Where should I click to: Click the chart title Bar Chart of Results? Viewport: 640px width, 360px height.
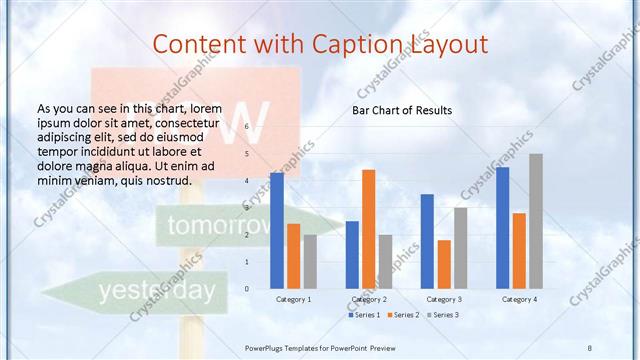401,110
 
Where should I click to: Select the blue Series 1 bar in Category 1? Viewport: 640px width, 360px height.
276,230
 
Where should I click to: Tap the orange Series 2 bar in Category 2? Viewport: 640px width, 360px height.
369,229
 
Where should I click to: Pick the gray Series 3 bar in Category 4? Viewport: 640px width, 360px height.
536,221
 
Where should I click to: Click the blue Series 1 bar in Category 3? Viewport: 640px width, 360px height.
427,241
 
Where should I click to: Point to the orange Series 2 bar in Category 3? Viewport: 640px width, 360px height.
444,264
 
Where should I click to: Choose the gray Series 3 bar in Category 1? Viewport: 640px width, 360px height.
310,261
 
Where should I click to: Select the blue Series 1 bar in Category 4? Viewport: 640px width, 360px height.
502,227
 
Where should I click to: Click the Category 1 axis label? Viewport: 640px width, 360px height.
293,299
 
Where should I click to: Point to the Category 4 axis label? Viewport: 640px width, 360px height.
519,299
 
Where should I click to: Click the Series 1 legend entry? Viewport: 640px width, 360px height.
361,315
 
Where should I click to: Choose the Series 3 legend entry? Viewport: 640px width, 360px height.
443,315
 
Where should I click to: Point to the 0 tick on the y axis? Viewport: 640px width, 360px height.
246,288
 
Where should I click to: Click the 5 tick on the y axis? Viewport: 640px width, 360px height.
246,154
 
